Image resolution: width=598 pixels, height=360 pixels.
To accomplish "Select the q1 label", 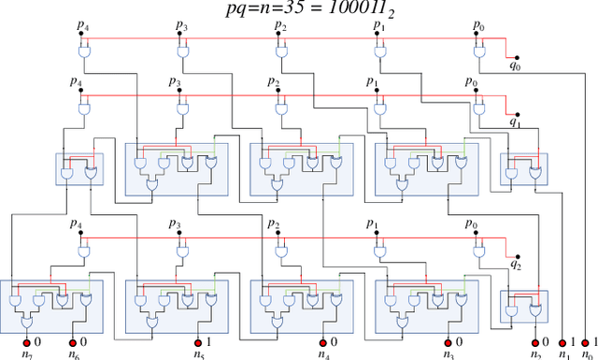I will click(515, 122).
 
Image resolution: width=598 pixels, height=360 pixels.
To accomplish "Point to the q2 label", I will click(515, 265).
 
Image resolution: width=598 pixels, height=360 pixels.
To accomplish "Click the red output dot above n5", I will click(199, 341).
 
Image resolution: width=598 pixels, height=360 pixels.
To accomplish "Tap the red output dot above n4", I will click(323, 341).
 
